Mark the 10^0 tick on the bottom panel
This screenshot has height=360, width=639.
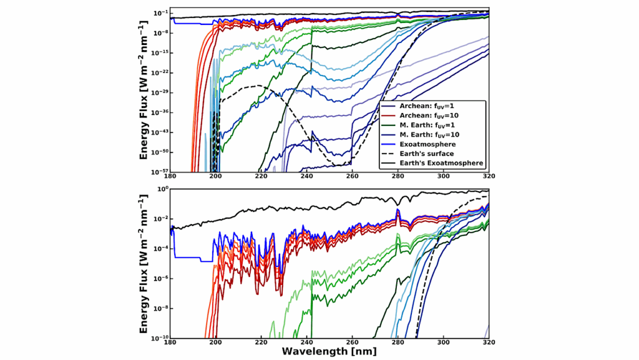[x=161, y=188]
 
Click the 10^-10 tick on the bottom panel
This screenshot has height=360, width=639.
[x=159, y=338]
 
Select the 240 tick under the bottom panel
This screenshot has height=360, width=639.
[x=306, y=343]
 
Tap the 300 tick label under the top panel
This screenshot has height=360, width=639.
[x=443, y=177]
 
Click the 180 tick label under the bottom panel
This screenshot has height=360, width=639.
[x=170, y=343]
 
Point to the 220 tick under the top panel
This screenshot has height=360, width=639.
[x=261, y=177]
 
